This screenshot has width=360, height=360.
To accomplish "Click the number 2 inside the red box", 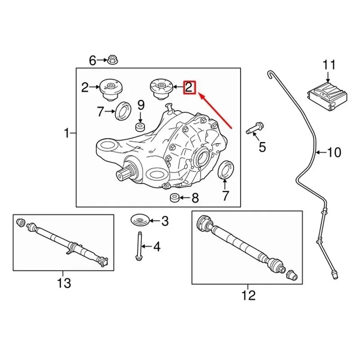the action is point(189,87).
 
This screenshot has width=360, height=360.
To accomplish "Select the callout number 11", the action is point(329,65).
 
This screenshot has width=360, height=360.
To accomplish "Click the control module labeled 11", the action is point(328,95).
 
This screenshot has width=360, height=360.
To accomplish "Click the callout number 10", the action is point(334,152).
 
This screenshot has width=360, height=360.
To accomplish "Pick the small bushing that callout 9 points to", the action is point(140,127).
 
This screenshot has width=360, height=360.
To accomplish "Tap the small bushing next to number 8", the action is point(175,198).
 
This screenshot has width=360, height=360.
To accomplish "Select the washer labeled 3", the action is point(140,220).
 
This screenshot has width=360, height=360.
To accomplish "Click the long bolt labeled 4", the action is point(139,246).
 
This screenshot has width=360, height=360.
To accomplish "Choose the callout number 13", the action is point(64,283).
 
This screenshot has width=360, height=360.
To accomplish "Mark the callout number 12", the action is point(248,296).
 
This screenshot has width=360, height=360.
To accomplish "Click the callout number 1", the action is point(67,133).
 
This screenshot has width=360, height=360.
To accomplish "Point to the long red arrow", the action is point(216,111).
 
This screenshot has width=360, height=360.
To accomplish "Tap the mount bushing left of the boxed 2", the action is point(161,89).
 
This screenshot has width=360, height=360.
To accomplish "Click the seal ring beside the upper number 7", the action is point(123,110).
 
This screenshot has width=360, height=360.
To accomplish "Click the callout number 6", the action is point(92,61).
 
